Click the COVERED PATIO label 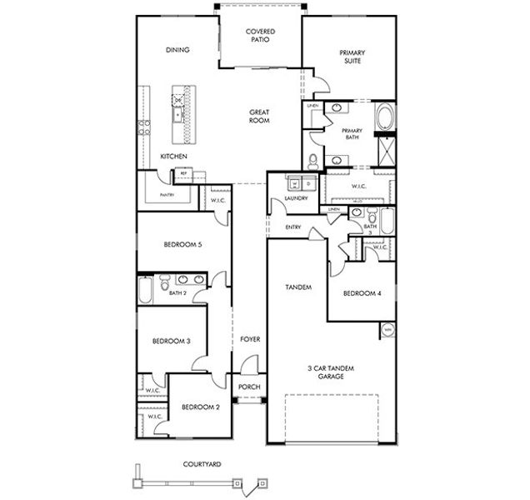point(260,36)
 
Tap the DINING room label point(177,50)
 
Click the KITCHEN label point(173,157)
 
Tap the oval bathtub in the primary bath point(384,117)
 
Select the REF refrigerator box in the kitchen point(182,174)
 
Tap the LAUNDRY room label point(296,198)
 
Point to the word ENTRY point(292,227)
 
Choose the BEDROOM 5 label point(182,244)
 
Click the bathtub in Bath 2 point(146,290)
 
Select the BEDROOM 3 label point(172,341)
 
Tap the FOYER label point(250,339)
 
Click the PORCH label point(249,387)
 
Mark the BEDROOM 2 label point(200,407)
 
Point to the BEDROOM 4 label point(362,292)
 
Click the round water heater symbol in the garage point(387,331)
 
